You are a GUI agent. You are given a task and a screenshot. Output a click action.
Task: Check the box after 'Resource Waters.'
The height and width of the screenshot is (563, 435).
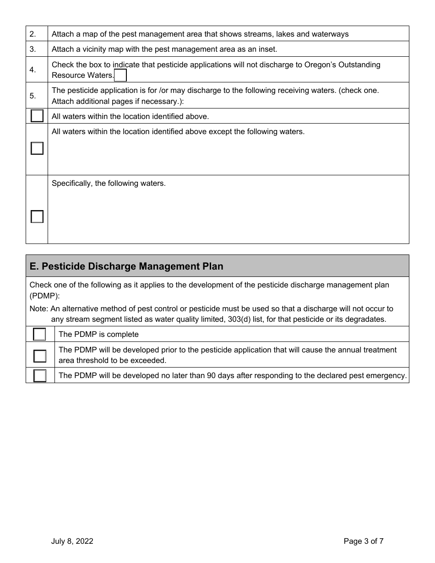120,75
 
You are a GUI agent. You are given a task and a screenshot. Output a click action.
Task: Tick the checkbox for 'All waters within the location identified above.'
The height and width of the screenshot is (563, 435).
37,116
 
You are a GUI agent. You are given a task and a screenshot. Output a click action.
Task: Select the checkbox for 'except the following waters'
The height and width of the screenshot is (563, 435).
37,148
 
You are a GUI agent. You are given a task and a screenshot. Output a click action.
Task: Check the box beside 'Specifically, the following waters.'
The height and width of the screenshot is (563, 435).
37,217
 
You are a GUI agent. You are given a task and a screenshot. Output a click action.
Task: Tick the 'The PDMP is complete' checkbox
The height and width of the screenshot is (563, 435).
40,334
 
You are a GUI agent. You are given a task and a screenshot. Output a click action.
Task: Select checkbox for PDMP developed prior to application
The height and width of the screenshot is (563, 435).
40,356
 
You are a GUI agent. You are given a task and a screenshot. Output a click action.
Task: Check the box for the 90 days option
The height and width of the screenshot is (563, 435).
40,376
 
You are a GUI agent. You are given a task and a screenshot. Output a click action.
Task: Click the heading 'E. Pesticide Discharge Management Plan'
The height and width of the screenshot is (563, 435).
126,266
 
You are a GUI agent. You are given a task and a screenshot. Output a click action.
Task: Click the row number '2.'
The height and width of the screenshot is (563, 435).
33,34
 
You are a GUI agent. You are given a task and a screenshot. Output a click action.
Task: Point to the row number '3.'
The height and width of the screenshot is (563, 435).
33,49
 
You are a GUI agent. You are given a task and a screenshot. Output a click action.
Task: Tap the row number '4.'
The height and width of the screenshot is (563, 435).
33,70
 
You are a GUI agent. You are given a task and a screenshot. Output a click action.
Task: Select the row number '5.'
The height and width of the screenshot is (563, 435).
33,96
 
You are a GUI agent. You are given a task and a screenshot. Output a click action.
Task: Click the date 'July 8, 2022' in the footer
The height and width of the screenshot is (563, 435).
72,541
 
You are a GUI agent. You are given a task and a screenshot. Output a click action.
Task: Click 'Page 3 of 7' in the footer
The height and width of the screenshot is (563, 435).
364,541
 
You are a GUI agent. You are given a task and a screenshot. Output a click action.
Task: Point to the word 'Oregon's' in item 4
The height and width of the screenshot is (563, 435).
319,65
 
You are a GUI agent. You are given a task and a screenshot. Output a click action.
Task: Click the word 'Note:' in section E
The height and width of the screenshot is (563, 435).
39,309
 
